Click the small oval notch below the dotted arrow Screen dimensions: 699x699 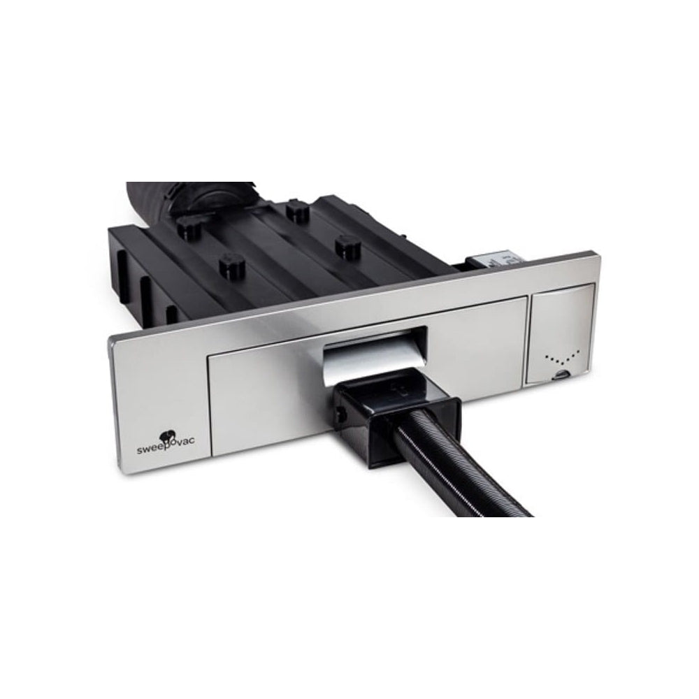[561, 375]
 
